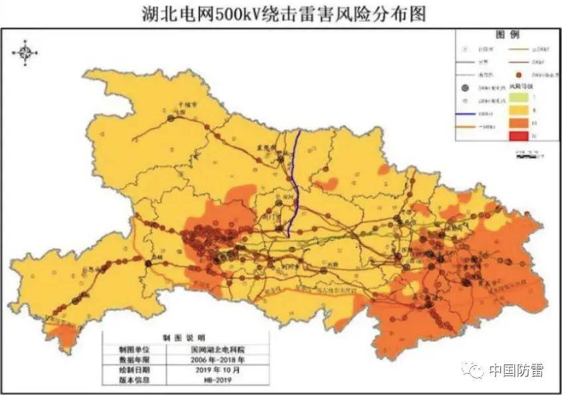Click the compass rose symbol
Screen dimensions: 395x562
[25, 52]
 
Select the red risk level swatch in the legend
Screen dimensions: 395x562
[519, 136]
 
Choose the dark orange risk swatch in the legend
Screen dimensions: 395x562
[519, 123]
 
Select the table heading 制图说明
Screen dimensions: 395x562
[186, 338]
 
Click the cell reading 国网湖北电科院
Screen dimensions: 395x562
[218, 349]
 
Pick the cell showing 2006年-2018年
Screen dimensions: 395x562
[218, 359]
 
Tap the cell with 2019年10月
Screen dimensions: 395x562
[218, 370]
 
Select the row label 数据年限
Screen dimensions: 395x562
[135, 359]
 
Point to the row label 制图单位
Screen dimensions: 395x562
[135, 349]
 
